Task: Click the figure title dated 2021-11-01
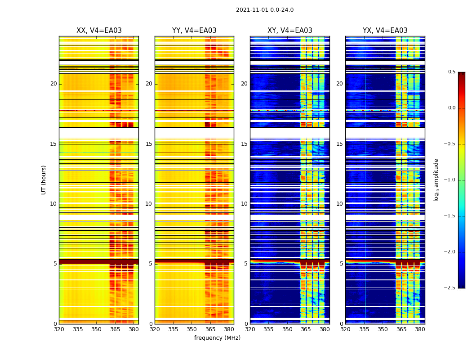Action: (x=264, y=10)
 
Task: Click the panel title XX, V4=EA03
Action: (x=99, y=31)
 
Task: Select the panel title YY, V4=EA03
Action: (x=194, y=31)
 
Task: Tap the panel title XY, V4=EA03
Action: (x=289, y=31)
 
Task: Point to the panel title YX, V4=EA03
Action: (x=385, y=31)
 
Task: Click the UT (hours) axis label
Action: (x=44, y=180)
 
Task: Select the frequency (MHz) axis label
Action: (x=217, y=338)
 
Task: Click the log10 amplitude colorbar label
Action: (x=436, y=180)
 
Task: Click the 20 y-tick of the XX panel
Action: (x=53, y=84)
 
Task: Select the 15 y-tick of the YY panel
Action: (x=149, y=144)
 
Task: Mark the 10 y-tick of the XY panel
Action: (x=244, y=204)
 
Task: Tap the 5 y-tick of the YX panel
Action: (x=341, y=264)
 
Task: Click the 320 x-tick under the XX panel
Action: (x=59, y=329)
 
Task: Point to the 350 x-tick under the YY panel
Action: (x=192, y=329)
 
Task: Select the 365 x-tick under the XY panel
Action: (x=306, y=329)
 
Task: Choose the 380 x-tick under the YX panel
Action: (x=420, y=329)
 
